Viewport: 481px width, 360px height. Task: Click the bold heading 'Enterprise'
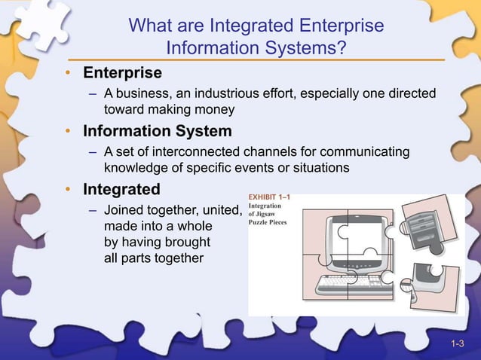[122, 73]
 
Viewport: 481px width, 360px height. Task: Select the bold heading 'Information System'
[158, 131]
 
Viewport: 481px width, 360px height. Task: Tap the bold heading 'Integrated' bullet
[121, 188]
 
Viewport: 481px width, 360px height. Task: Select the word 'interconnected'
[176, 152]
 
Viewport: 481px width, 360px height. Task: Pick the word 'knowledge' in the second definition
[133, 167]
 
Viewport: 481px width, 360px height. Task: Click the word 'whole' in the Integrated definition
[194, 226]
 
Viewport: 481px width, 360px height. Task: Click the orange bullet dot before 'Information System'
[67, 132]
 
